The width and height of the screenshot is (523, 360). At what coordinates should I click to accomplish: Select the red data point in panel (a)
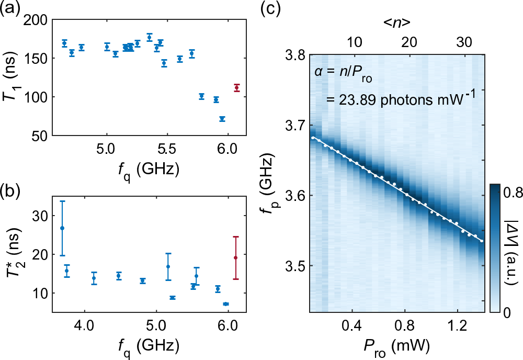(x=237, y=88)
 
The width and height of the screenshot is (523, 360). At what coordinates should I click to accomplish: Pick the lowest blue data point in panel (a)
(x=222, y=119)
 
